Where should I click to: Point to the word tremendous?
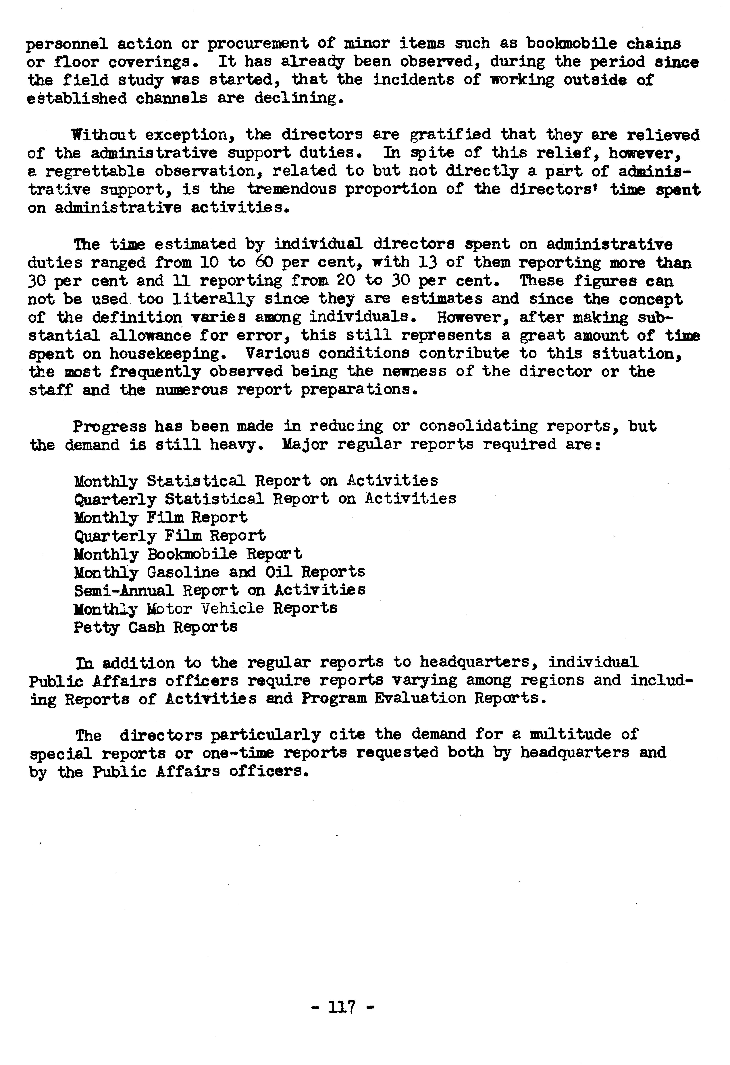tap(292, 189)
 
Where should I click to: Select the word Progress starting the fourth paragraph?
tap(110, 427)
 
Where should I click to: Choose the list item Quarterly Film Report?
tap(170, 536)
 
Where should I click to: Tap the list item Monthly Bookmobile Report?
tap(188, 554)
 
